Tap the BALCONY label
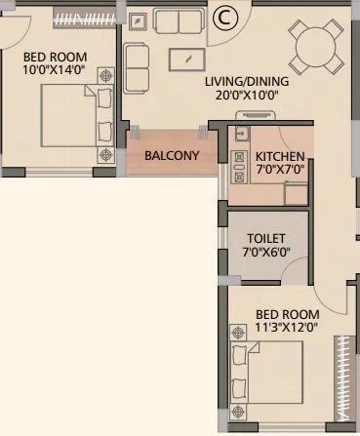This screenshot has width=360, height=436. [x=172, y=155]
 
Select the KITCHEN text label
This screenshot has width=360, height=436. [x=279, y=156]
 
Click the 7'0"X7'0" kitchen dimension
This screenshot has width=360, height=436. [x=280, y=170]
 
